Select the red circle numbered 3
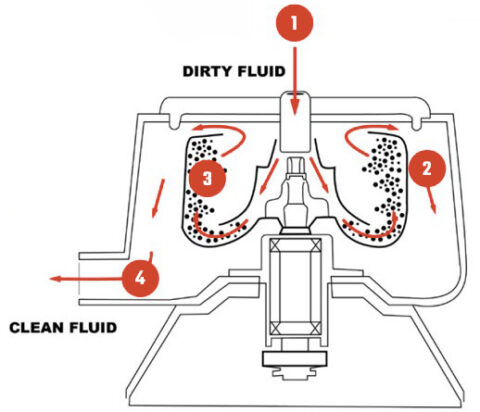click(x=205, y=178)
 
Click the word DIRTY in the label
click(x=211, y=72)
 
